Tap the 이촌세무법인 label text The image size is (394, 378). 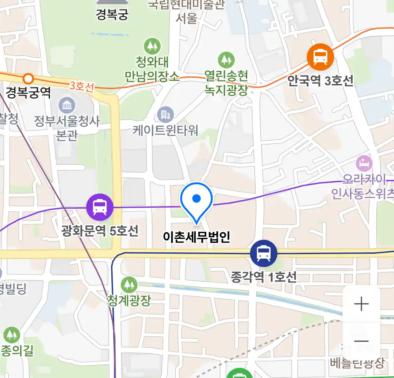pyautogui.click(x=196, y=237)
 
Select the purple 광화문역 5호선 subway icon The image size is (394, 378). pyautogui.click(x=100, y=207)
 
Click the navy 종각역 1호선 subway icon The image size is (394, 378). pyautogui.click(x=264, y=253)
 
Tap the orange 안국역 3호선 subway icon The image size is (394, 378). pyautogui.click(x=320, y=57)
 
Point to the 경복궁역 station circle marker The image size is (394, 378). pyautogui.click(x=28, y=78)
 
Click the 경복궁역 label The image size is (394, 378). pyautogui.click(x=28, y=93)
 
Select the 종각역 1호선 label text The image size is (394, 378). pyautogui.click(x=263, y=277)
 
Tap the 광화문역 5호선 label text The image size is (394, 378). pyautogui.click(x=100, y=231)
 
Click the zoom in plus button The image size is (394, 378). pyautogui.click(x=361, y=304)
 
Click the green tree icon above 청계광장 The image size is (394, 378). pyautogui.click(x=129, y=285)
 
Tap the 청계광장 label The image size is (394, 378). pyautogui.click(x=129, y=300)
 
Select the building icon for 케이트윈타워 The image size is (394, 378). pyautogui.click(x=165, y=115)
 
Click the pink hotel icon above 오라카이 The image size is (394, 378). pyautogui.click(x=364, y=163)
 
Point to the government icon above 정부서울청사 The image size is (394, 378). pyautogui.click(x=67, y=105)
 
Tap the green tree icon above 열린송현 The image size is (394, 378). pyautogui.click(x=226, y=60)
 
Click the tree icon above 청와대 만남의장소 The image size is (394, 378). pyautogui.click(x=152, y=46)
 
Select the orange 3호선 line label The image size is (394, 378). pyautogui.click(x=82, y=86)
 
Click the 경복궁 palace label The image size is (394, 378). pyautogui.click(x=112, y=14)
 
